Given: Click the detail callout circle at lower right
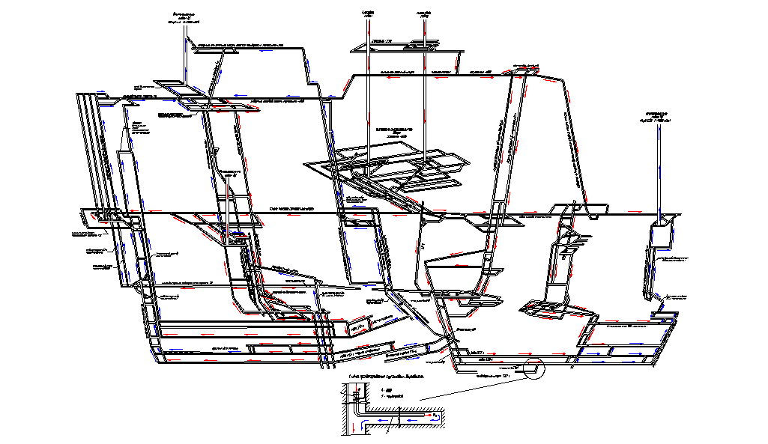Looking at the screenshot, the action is click(x=534, y=370).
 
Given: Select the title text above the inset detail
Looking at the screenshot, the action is click(x=386, y=377).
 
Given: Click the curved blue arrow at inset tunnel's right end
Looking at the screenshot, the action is click(x=437, y=418).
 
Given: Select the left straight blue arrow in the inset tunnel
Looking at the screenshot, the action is click(x=383, y=421).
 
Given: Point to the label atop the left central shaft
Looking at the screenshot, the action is click(x=368, y=13).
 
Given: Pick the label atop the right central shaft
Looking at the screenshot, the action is click(x=423, y=13).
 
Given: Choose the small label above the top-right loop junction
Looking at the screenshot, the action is click(x=529, y=66).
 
